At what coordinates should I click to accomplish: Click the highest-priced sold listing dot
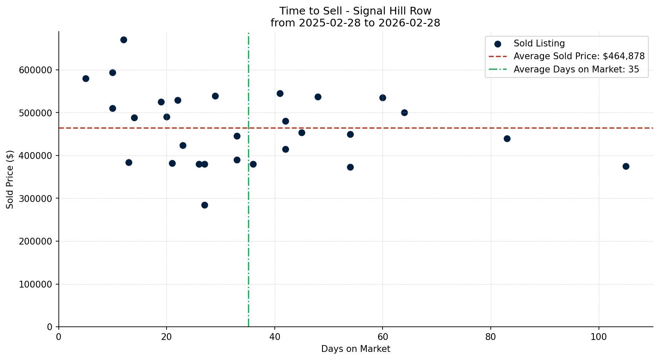[x=124, y=40]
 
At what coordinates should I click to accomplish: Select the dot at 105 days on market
[x=626, y=166]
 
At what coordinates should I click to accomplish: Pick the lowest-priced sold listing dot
[x=204, y=205]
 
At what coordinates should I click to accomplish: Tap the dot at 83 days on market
[x=507, y=138]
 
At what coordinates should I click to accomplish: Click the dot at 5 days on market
[x=86, y=78]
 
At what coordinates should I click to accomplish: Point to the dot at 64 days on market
[x=404, y=112]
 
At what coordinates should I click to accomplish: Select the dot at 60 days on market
[x=383, y=98]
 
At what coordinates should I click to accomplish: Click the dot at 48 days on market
[x=318, y=97]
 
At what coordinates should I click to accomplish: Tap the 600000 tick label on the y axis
[x=35, y=70]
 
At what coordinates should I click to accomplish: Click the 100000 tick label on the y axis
[x=35, y=284]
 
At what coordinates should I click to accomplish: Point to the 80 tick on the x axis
[x=491, y=337]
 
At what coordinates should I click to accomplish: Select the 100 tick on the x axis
[x=599, y=337]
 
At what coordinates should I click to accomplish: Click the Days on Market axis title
[x=356, y=349]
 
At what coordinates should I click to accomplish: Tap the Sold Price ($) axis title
[x=10, y=179]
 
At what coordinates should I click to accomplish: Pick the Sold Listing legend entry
[x=539, y=43]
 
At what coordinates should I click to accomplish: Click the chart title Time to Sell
[x=355, y=11]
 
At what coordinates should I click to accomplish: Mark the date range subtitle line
[x=355, y=23]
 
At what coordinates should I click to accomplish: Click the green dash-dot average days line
[x=248, y=256]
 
